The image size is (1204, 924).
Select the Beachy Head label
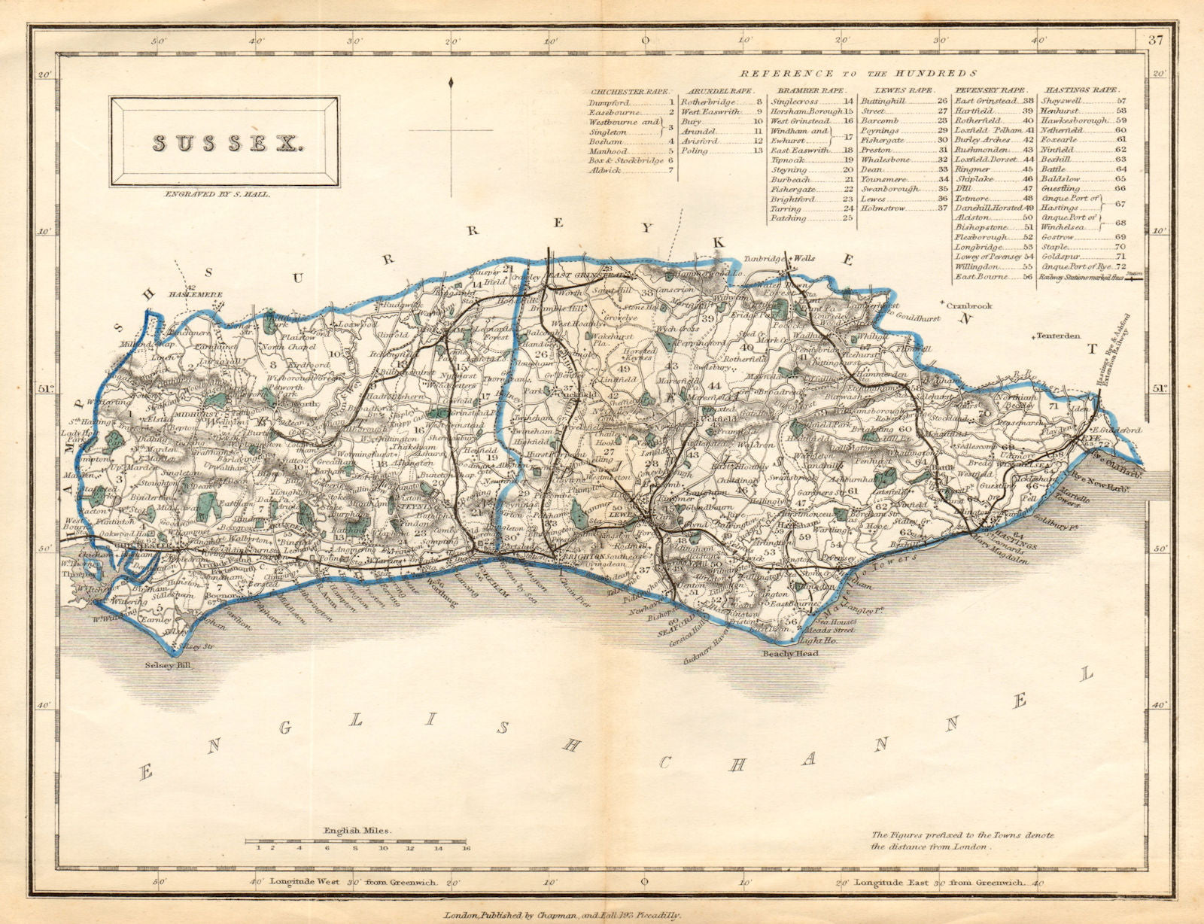click(790, 654)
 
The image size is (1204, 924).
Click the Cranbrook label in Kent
click(969, 305)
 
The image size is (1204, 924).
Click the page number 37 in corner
click(1156, 41)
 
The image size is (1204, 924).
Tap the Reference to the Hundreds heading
click(858, 73)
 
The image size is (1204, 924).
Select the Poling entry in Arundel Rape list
click(694, 150)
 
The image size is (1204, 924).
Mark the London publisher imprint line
click(562, 915)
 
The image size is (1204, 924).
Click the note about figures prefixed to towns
click(962, 840)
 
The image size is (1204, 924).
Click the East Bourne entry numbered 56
click(981, 277)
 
